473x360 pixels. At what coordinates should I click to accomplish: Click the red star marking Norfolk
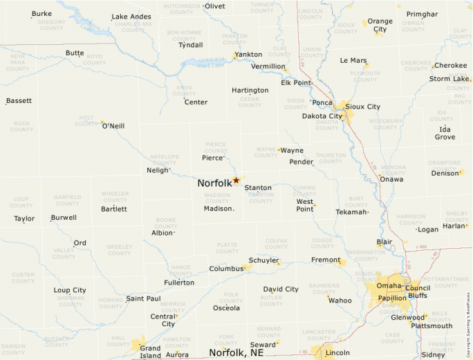click(x=236, y=180)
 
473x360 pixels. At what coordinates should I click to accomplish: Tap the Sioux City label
click(x=362, y=106)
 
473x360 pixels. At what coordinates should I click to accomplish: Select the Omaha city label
click(x=389, y=286)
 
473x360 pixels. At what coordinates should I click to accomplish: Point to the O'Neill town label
click(x=113, y=126)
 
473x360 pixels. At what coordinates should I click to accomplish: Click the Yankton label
click(x=248, y=55)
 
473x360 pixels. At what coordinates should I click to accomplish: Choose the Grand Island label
click(x=150, y=352)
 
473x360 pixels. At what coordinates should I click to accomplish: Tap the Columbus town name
click(x=226, y=269)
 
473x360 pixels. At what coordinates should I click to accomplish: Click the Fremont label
click(x=326, y=260)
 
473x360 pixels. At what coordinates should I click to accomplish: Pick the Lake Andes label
click(x=131, y=17)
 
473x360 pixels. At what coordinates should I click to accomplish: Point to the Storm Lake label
click(x=449, y=79)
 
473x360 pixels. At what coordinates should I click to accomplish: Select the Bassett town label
click(x=19, y=101)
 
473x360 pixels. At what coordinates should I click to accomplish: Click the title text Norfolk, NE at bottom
click(x=236, y=352)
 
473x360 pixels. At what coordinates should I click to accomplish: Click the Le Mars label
click(x=353, y=61)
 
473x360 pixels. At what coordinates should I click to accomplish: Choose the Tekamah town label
click(x=351, y=212)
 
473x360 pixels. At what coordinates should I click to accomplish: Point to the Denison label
click(x=445, y=173)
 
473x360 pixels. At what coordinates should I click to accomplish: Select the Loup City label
click(x=70, y=290)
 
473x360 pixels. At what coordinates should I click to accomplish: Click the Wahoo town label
click(x=340, y=301)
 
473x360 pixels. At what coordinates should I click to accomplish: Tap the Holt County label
click(x=86, y=121)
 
